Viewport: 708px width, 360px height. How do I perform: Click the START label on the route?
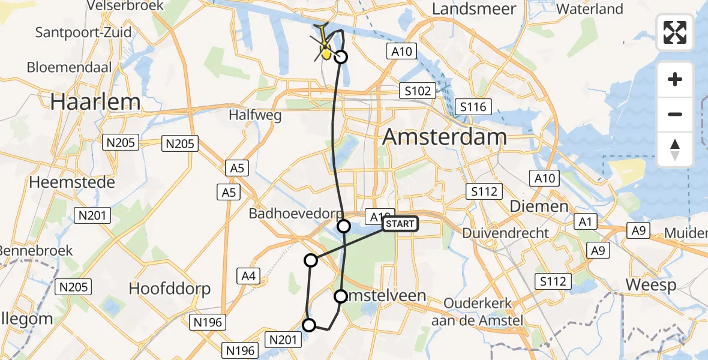pyautogui.click(x=400, y=224)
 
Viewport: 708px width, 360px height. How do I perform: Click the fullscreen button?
pyautogui.click(x=675, y=32)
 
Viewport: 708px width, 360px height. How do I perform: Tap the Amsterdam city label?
pyautogui.click(x=445, y=137)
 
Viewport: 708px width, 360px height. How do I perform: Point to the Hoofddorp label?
pyautogui.click(x=170, y=289)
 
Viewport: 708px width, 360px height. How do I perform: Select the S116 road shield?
pyautogui.click(x=473, y=107)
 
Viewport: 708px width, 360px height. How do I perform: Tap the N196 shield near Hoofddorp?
pyautogui.click(x=208, y=322)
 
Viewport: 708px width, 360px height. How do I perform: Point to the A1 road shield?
pyautogui.click(x=586, y=222)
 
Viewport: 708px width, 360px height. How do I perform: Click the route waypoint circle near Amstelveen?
pyautogui.click(x=341, y=296)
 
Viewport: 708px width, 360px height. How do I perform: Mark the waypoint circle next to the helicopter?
pyautogui.click(x=341, y=57)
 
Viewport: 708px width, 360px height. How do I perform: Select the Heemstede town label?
pyautogui.click(x=72, y=182)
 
